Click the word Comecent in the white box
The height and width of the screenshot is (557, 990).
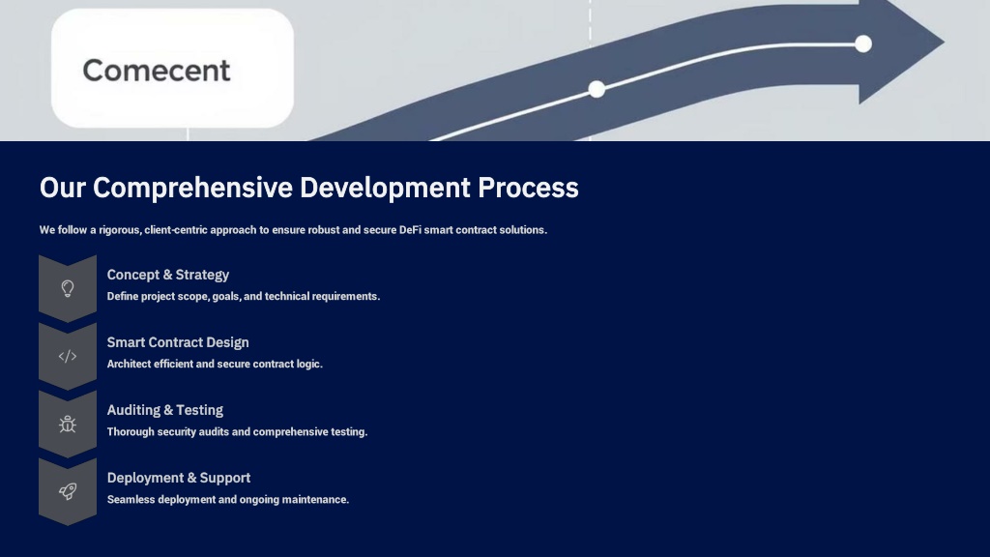coord(157,70)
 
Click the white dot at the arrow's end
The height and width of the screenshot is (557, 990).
coord(863,44)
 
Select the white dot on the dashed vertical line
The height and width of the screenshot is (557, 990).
coord(597,89)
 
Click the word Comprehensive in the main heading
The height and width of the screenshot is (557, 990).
coord(192,188)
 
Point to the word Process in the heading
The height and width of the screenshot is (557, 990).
coord(528,188)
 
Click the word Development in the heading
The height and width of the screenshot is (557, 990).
coord(385,188)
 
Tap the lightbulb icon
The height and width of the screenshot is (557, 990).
coord(68,288)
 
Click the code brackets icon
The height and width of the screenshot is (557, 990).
coord(68,356)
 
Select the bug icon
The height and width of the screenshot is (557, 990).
coord(68,424)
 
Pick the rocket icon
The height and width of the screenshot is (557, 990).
coord(68,491)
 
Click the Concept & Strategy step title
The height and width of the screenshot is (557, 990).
coord(168,275)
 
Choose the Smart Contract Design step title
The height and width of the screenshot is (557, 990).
coord(178,342)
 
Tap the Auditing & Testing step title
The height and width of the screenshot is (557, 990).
coord(164,410)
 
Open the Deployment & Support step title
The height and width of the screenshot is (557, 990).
coord(179,478)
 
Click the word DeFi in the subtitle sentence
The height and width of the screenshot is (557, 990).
coord(410,230)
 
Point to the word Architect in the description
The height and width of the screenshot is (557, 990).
coord(129,364)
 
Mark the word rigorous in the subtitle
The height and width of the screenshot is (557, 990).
coord(120,230)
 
